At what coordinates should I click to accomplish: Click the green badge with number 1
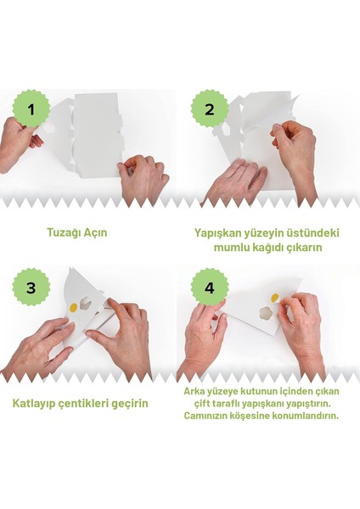pyautogui.click(x=31, y=109)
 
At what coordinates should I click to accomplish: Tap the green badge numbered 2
pyautogui.click(x=210, y=109)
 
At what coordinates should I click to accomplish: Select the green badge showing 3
pyautogui.click(x=31, y=288)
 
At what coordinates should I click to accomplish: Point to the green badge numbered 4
pyautogui.click(x=210, y=288)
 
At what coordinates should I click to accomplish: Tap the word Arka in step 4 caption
pyautogui.click(x=195, y=391)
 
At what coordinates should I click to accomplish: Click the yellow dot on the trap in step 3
pyautogui.click(x=73, y=306)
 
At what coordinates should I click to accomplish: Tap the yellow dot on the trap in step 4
pyautogui.click(x=273, y=298)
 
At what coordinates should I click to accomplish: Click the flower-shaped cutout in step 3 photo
pyautogui.click(x=87, y=306)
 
